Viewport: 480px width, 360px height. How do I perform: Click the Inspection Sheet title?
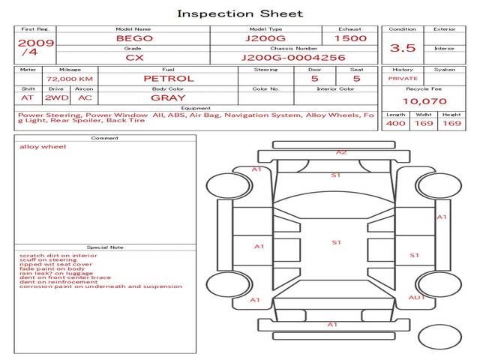(239, 13)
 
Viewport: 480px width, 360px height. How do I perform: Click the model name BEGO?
(133, 37)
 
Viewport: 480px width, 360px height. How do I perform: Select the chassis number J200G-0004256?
(293, 57)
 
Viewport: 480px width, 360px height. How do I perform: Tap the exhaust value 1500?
(350, 37)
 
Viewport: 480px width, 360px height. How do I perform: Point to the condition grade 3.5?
(403, 47)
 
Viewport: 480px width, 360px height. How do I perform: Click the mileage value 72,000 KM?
(69, 78)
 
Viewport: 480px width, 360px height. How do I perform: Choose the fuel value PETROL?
(168, 78)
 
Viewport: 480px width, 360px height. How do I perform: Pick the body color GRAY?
(168, 97)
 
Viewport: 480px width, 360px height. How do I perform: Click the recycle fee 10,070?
(424, 101)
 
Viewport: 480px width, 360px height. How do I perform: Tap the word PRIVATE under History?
(403, 78)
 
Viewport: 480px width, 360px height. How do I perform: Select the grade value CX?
(133, 57)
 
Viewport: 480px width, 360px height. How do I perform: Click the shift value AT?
(28, 97)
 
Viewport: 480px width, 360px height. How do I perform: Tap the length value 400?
(395, 123)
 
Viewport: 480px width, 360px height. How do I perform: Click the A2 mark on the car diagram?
(341, 152)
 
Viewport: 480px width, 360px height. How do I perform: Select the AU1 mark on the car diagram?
(415, 298)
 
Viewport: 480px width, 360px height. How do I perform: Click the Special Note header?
(104, 247)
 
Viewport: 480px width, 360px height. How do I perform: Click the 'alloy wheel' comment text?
(37, 146)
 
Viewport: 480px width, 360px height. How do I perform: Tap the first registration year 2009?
(35, 43)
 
